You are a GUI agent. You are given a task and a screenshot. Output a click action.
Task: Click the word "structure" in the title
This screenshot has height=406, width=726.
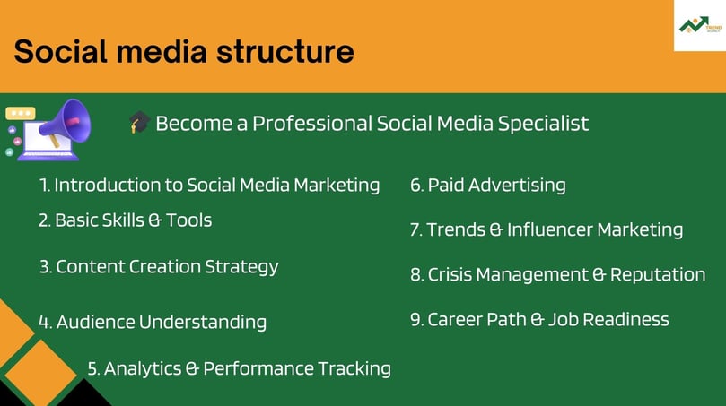(285, 51)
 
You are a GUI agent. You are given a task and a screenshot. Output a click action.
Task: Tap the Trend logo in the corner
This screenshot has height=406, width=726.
(700, 24)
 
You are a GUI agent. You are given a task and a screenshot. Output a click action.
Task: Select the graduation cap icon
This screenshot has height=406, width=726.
(139, 122)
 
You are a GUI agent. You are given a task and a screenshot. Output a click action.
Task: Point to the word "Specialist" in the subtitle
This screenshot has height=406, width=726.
(543, 124)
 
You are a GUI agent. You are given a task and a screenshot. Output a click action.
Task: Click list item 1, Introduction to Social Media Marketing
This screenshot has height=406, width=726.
(210, 186)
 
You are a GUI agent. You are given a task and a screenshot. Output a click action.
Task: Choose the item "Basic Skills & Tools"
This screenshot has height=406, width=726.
(125, 220)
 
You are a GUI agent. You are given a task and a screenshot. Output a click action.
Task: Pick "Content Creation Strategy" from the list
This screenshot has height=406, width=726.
(159, 267)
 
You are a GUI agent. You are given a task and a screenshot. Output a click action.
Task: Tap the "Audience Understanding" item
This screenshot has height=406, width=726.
(153, 323)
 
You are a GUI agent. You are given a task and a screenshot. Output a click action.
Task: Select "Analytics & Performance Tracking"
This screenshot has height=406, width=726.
(239, 369)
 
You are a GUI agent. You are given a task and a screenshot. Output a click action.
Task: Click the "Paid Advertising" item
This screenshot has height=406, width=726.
(488, 186)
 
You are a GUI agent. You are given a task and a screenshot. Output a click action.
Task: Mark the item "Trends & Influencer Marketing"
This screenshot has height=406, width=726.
(547, 229)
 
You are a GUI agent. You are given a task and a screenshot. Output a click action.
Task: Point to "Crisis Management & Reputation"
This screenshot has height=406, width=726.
(558, 274)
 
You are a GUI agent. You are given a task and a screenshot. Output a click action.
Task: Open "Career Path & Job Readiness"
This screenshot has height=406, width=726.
(539, 320)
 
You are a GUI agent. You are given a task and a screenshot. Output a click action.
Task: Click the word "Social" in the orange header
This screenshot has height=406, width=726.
(61, 51)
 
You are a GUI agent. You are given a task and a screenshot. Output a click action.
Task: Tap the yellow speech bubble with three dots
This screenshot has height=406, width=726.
(21, 113)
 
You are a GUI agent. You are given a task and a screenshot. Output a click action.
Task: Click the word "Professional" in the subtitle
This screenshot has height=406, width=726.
(312, 124)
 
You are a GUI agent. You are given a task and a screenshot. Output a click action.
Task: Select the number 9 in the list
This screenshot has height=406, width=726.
(415, 320)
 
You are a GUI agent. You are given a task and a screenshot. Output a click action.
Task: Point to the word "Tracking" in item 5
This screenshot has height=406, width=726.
(354, 369)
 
